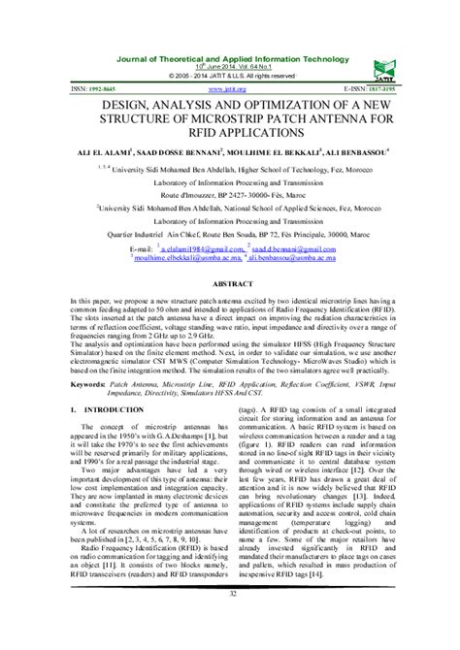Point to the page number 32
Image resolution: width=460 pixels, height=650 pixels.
[229, 621]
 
